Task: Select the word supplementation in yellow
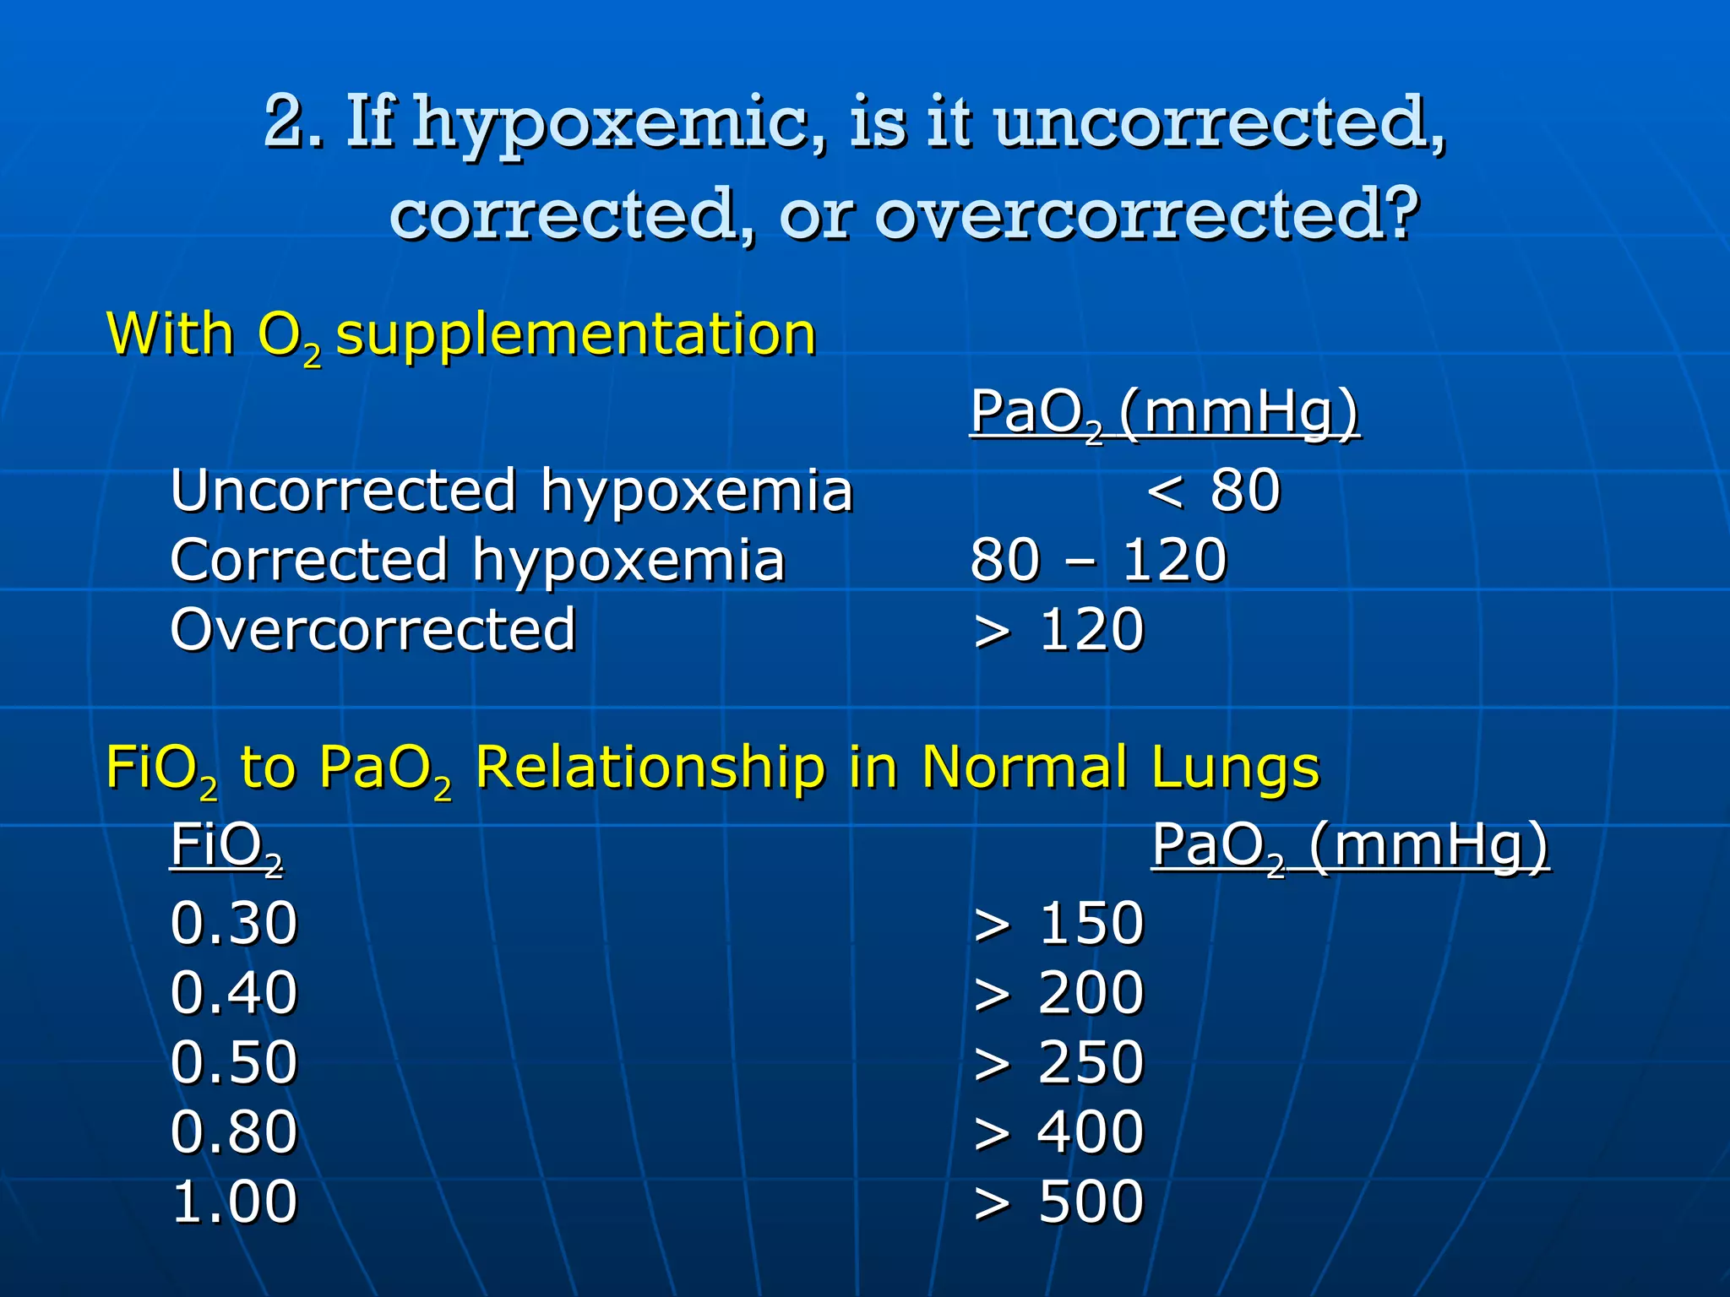(x=576, y=335)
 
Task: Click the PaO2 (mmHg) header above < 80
(x=1165, y=413)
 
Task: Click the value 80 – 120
(x=1098, y=560)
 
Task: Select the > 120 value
(x=1058, y=630)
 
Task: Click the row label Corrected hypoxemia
(x=477, y=560)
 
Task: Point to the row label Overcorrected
(x=373, y=630)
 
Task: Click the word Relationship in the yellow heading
(x=650, y=768)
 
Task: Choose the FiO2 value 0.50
(x=234, y=1061)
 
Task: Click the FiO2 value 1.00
(x=234, y=1201)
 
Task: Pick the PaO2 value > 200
(x=1058, y=992)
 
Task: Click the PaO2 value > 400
(x=1058, y=1131)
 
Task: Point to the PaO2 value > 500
(x=1058, y=1201)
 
